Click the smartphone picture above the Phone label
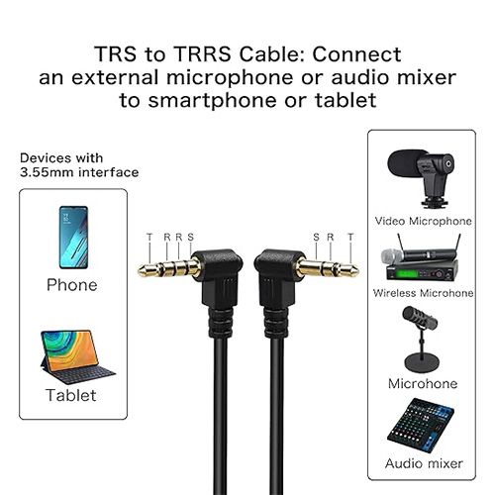73,237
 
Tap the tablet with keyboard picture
78,357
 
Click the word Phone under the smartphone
72,285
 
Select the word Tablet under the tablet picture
71,395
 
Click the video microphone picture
421,178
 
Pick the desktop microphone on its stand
421,340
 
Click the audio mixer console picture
421,426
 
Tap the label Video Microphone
423,221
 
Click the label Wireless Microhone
423,293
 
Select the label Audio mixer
424,463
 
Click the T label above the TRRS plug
149,237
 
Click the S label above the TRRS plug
191,237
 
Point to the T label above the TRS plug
350,237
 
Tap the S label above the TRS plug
316,237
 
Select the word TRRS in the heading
202,54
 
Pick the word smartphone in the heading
212,101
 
